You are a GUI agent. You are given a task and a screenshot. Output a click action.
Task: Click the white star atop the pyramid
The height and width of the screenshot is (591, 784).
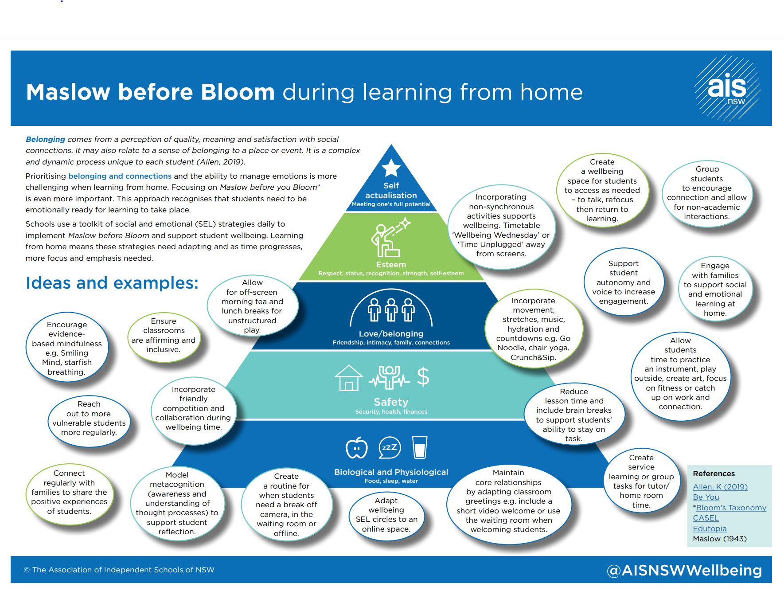click(391, 168)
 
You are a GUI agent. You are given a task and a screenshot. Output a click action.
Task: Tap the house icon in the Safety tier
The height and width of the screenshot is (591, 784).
click(349, 378)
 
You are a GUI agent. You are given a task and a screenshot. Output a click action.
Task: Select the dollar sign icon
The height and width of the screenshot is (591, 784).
click(423, 377)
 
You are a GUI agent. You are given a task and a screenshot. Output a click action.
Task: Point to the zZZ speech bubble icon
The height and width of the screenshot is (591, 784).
click(390, 448)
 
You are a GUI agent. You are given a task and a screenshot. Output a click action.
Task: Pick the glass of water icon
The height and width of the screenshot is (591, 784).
click(420, 447)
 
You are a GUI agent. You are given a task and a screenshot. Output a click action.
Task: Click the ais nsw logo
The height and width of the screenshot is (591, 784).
click(728, 87)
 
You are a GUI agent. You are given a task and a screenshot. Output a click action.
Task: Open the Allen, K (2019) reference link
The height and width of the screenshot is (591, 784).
click(720, 487)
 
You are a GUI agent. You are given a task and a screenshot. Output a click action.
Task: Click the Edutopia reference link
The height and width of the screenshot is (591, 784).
click(710, 528)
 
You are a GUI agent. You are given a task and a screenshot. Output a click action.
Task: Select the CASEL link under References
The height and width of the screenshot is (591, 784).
click(706, 518)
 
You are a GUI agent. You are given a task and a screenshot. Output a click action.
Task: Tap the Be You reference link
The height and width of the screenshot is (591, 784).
click(706, 497)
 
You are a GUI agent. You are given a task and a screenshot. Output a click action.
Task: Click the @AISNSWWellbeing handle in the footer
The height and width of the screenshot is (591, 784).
click(684, 570)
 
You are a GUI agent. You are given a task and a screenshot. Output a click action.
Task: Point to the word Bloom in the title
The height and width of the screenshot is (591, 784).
click(238, 92)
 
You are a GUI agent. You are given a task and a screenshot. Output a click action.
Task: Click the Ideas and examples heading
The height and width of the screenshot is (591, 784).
click(112, 283)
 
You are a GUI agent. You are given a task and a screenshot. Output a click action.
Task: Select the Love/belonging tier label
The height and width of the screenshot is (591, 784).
click(391, 334)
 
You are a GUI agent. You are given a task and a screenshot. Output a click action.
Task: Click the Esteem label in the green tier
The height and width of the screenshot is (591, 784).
click(391, 265)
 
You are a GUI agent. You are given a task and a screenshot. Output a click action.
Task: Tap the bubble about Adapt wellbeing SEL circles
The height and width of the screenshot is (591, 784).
click(386, 515)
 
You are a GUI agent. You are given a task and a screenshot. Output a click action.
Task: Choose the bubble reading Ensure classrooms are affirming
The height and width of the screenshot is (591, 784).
click(164, 336)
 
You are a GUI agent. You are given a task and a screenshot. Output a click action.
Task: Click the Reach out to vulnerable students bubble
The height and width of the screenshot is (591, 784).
click(89, 419)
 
